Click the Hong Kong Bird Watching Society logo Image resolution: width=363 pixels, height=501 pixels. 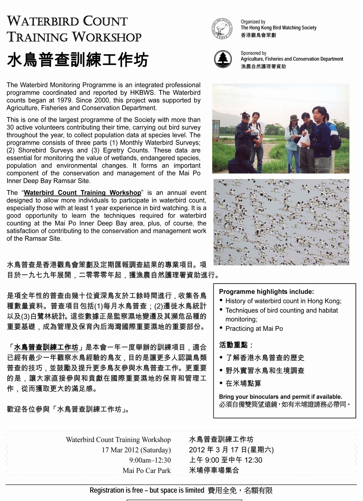click(222, 28)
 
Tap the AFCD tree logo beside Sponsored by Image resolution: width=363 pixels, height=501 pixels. click(223, 59)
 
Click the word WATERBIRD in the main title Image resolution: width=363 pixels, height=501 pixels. click(42, 21)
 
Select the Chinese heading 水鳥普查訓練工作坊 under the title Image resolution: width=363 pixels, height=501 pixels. click(78, 60)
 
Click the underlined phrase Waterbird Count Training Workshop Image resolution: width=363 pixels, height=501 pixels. click(83, 193)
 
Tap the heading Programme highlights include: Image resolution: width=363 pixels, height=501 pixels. click(266, 292)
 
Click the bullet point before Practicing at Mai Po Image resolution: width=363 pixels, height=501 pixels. click(221, 328)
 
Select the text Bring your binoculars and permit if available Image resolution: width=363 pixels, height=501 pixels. click(280, 397)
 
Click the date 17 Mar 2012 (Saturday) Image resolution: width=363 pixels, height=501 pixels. click(136, 450)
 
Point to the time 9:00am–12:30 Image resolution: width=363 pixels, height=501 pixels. click(150, 460)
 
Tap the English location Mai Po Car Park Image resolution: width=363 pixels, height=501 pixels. click(146, 471)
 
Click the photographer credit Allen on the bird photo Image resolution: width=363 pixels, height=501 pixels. click(342, 261)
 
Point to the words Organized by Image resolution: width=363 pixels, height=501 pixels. click(253, 22)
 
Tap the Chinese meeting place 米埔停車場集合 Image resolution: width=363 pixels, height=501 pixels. click(214, 471)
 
